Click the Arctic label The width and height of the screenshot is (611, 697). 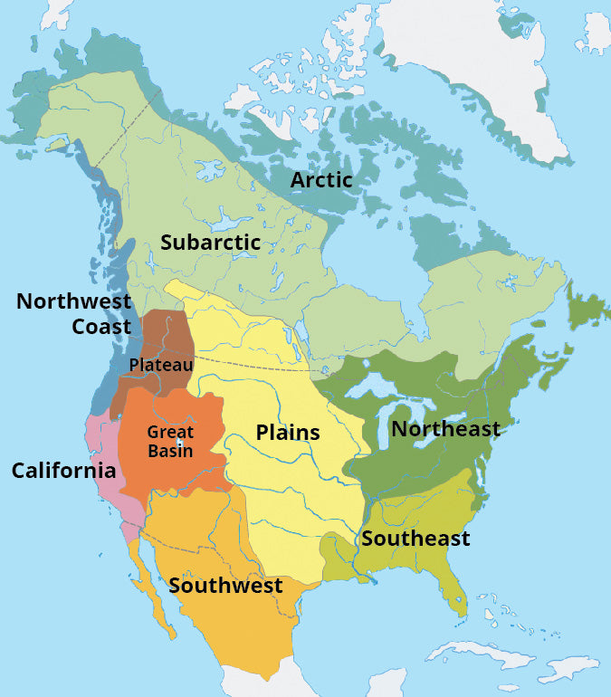pyautogui.click(x=320, y=180)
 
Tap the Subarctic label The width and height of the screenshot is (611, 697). pyautogui.click(x=210, y=243)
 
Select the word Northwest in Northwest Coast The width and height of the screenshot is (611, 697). pyautogui.click(x=73, y=301)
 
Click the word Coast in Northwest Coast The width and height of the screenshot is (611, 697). pyautogui.click(x=101, y=326)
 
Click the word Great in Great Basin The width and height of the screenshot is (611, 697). pyautogui.click(x=170, y=433)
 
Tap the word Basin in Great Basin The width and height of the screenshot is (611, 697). pyautogui.click(x=170, y=451)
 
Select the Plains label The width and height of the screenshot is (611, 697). pyautogui.click(x=288, y=433)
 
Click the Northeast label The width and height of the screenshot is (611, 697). pyautogui.click(x=445, y=429)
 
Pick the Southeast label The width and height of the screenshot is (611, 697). pyautogui.click(x=415, y=539)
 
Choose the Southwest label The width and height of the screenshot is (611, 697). pyautogui.click(x=225, y=586)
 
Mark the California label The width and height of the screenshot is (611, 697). pyautogui.click(x=63, y=471)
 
